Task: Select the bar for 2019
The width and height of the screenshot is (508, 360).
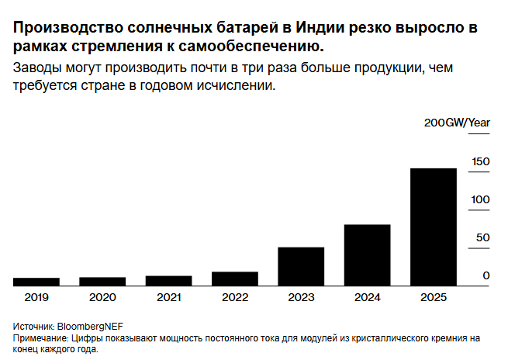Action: pos(36,282)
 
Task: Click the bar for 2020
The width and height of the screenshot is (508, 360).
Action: pos(102,282)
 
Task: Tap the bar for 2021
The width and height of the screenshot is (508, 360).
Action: pos(169,281)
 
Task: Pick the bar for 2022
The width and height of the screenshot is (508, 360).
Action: pos(235,279)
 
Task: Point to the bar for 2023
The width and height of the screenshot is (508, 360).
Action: pos(301,267)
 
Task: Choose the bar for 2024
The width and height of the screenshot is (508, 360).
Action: pos(367,255)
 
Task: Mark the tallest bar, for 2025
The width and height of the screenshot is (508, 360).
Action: pos(434,227)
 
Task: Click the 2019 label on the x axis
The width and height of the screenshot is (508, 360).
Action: pos(36,297)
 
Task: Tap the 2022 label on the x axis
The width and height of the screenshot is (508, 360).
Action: pos(235,297)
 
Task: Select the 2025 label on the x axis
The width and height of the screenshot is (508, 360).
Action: pos(434,297)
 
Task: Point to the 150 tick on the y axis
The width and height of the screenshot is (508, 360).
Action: pos(481,161)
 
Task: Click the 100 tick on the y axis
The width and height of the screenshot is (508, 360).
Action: pos(480,199)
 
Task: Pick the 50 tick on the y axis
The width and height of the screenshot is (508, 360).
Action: pos(482,238)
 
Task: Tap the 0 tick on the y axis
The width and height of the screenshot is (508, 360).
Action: pos(486,275)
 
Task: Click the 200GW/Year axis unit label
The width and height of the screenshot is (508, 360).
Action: pos(457,123)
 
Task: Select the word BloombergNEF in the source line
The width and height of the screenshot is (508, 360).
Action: pos(90,327)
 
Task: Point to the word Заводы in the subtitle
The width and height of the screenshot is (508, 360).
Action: pos(37,68)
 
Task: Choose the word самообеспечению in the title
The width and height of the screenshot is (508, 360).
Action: pos(251,47)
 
